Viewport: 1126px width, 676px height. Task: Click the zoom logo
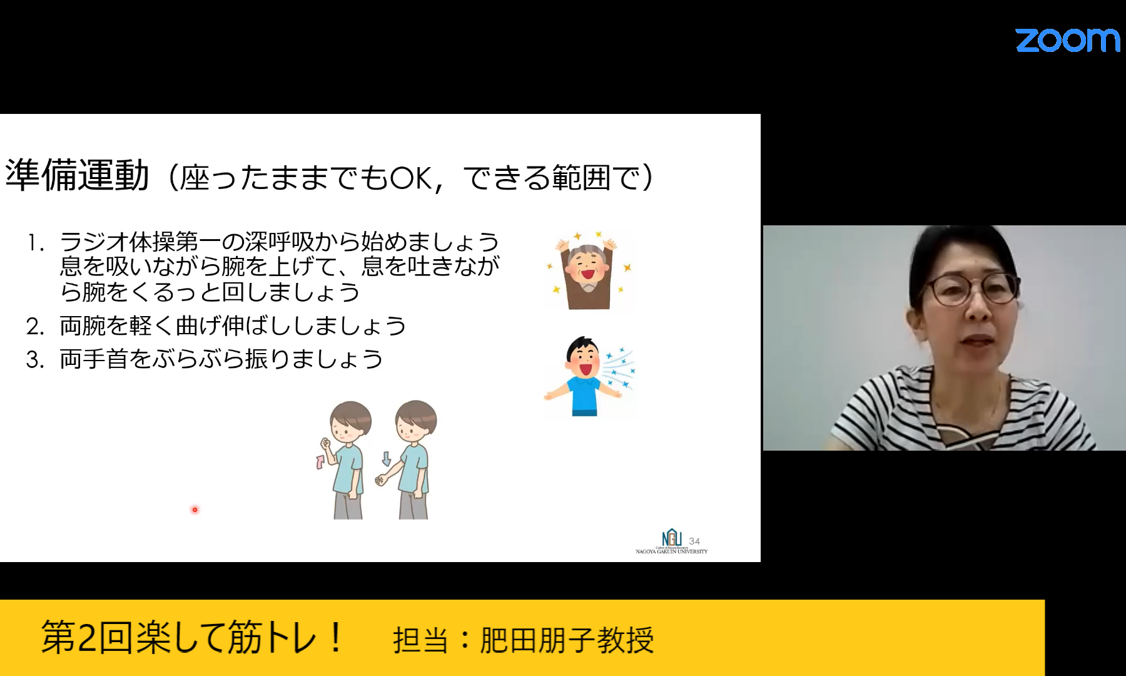pyautogui.click(x=1068, y=40)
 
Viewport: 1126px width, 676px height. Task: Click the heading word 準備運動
pyautogui.click(x=78, y=175)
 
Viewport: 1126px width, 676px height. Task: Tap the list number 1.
pyautogui.click(x=35, y=243)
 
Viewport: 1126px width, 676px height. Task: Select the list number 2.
pyautogui.click(x=35, y=326)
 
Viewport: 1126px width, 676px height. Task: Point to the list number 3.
pyautogui.click(x=35, y=360)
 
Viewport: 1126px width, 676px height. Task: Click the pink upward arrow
pyautogui.click(x=321, y=462)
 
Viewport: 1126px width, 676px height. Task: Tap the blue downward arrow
pyautogui.click(x=386, y=459)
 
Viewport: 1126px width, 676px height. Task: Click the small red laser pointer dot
pyautogui.click(x=195, y=510)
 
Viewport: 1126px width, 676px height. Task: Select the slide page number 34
pyautogui.click(x=694, y=541)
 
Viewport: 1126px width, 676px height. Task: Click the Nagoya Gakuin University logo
pyautogui.click(x=671, y=542)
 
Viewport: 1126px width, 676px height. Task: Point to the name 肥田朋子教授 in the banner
pyautogui.click(x=567, y=640)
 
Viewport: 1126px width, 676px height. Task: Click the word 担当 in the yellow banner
pyautogui.click(x=420, y=640)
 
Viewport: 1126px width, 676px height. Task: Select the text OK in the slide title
pyautogui.click(x=410, y=178)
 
